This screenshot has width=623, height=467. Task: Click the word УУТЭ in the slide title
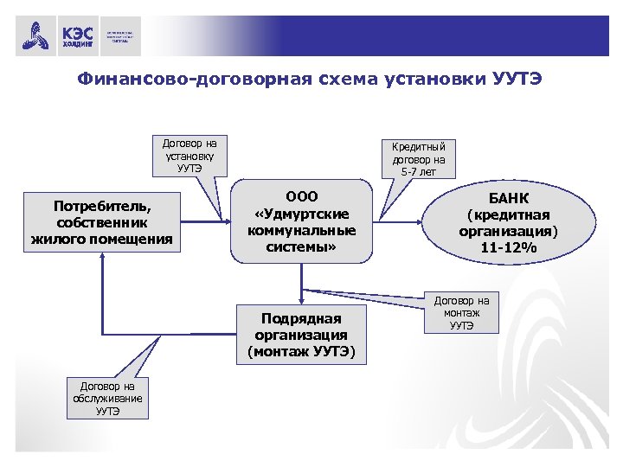click(x=517, y=80)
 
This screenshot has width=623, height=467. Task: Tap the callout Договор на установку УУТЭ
click(x=189, y=153)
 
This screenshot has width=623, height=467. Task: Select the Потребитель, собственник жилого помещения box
click(x=101, y=222)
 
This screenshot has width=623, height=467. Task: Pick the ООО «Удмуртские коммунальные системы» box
click(x=301, y=221)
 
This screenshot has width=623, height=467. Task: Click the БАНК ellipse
click(x=508, y=222)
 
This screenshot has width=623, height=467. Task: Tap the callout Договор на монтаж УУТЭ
click(x=461, y=313)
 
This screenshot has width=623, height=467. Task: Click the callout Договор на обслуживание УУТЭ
click(x=108, y=398)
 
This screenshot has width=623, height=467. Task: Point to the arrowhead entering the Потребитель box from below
click(x=102, y=259)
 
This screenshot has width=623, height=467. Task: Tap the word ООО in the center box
click(x=301, y=195)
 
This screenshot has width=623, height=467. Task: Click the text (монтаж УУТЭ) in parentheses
click(x=301, y=351)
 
